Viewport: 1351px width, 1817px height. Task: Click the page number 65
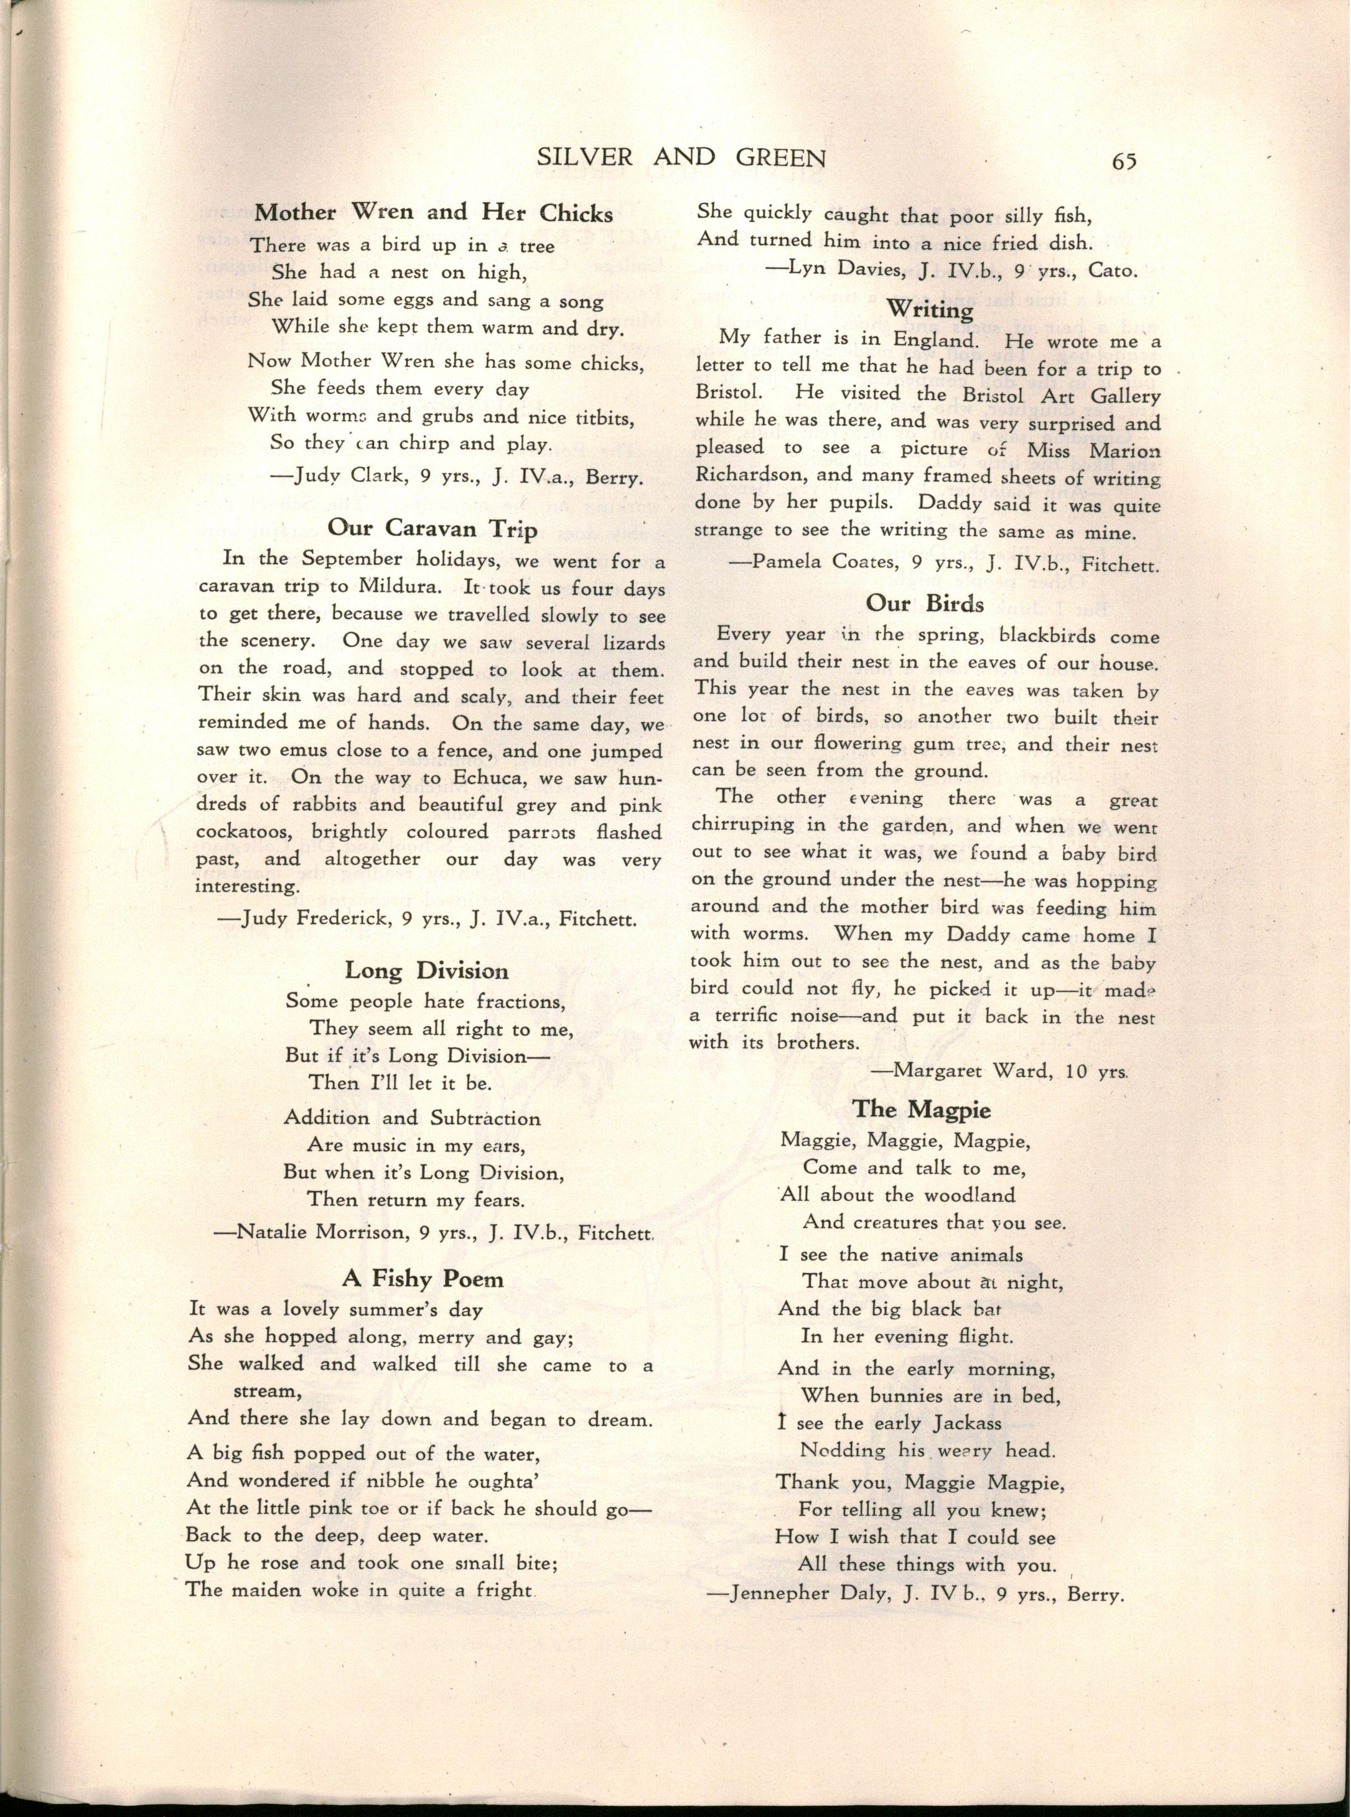1124,161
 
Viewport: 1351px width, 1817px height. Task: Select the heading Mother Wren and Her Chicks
434,213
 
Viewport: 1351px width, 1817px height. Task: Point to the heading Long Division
426,971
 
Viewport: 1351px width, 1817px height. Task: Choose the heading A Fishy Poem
422,1278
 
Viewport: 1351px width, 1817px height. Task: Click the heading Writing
930,310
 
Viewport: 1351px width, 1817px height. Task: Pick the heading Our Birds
925,603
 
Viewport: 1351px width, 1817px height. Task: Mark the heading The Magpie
922,1109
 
